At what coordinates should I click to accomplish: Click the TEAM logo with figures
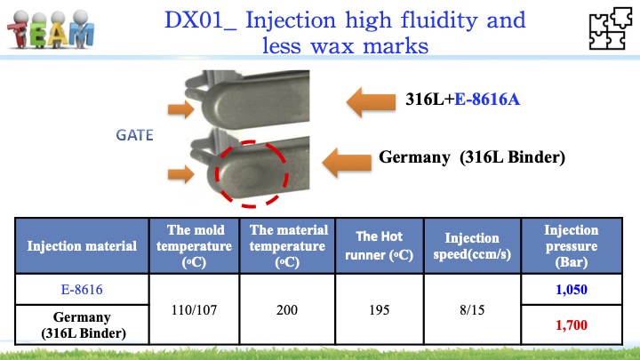coord(51,29)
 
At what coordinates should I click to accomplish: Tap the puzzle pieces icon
coord(610,28)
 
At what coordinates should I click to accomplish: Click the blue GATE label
coord(134,135)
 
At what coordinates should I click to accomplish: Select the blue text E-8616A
coord(487,100)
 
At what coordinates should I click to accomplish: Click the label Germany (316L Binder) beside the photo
coord(472,157)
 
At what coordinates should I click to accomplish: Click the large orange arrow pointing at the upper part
coord(371,101)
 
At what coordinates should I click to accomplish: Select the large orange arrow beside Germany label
coord(347,162)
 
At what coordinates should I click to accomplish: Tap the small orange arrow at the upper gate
coord(180,109)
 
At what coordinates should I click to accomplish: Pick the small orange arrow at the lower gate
coord(180,174)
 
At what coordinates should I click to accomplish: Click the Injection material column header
coord(82,245)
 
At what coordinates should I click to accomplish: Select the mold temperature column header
coord(195,245)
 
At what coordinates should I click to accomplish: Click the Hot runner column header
coord(380,245)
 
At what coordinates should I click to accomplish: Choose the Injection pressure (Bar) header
coord(572,245)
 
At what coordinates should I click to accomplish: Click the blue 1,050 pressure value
coord(572,290)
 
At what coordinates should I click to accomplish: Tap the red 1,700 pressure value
coord(572,325)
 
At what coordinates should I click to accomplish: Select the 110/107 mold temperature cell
coord(195,310)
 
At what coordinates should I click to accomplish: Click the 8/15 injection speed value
coord(472,310)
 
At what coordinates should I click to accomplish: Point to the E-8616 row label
coord(82,290)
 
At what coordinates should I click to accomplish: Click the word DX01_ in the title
coord(200,20)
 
